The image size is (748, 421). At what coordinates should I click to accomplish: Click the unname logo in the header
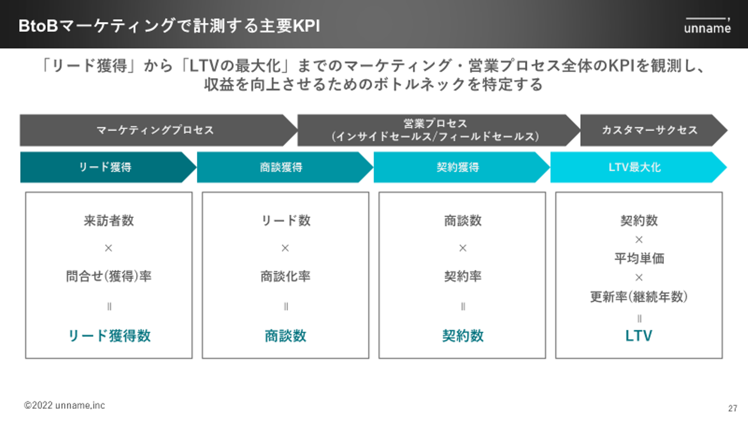[x=707, y=26]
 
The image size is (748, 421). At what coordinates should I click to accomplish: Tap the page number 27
[x=732, y=409]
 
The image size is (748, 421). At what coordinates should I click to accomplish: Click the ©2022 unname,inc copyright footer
[x=64, y=405]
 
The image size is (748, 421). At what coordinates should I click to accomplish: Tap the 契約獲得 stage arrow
[x=461, y=167]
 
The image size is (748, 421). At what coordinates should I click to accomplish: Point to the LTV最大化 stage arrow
[x=638, y=167]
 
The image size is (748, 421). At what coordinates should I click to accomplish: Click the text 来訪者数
[x=109, y=220]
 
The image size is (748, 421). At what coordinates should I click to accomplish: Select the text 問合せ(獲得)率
[x=109, y=277]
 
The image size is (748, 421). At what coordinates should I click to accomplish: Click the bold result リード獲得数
[x=109, y=336]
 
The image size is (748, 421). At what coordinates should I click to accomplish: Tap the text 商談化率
[x=286, y=277]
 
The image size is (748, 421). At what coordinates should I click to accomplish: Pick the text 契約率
[x=463, y=277]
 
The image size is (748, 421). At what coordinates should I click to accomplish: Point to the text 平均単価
[x=639, y=258]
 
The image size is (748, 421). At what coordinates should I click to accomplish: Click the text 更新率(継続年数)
[x=639, y=297]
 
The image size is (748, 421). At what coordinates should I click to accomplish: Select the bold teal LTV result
[x=638, y=336]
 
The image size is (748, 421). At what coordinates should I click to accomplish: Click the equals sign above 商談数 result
[x=286, y=307]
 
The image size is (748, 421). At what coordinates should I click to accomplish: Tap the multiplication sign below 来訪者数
[x=109, y=248]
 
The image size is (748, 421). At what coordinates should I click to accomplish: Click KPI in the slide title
[x=306, y=26]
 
